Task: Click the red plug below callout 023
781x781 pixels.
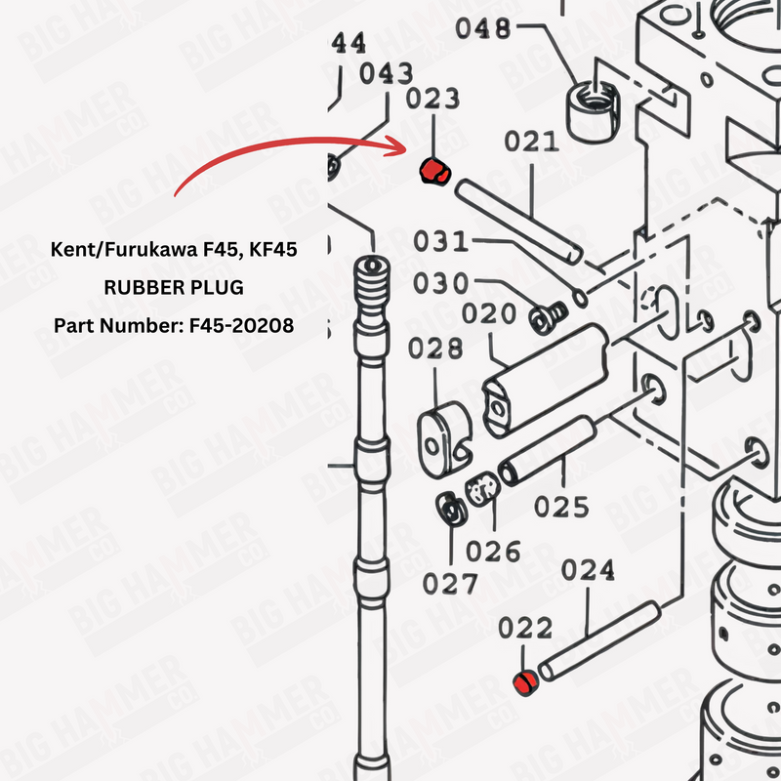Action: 434,171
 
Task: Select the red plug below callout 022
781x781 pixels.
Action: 526,682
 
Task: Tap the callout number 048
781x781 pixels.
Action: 483,28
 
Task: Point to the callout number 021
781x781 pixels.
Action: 531,142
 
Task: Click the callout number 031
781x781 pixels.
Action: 441,241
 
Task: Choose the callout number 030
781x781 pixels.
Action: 441,283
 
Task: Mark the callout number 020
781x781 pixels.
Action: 489,313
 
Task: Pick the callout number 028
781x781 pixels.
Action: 435,348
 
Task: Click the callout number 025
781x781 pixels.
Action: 561,507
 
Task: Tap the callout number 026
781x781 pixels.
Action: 493,552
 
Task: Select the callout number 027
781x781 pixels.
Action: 450,583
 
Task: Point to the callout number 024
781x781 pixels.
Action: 588,570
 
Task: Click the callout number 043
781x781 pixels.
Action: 386,73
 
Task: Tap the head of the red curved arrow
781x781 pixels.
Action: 406,147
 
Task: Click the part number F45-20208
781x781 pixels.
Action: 241,326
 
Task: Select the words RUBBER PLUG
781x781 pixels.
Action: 174,287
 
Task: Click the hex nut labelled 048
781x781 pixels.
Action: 593,111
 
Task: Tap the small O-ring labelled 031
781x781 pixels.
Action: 581,298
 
